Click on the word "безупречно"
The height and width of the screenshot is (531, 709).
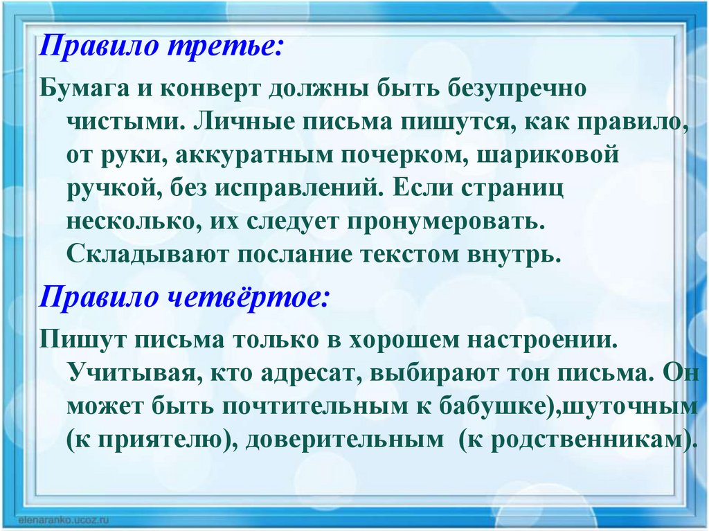[x=517, y=89]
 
